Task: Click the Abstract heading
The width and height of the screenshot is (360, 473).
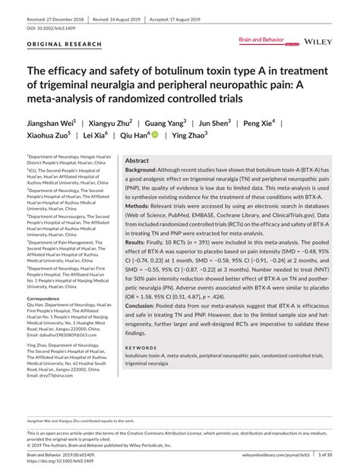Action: coord(137,162)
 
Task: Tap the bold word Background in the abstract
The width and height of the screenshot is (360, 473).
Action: coord(142,172)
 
